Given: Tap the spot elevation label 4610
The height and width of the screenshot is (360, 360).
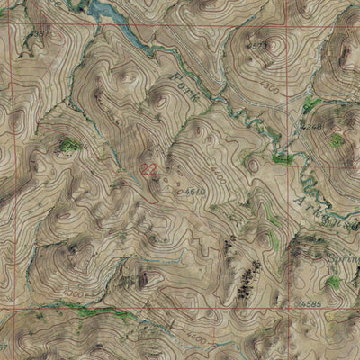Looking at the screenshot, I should tap(196, 192).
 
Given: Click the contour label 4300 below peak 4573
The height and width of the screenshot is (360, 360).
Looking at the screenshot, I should tap(267, 90).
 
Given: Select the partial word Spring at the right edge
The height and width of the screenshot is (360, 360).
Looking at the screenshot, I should tap(344, 255).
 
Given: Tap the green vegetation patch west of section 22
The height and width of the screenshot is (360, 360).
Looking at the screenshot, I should tap(67, 143).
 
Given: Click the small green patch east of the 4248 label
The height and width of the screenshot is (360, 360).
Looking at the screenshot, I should tap(337, 140).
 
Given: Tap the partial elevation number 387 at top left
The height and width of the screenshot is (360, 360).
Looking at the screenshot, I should tap(35, 34).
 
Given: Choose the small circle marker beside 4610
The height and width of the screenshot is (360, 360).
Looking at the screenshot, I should tap(182, 192).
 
